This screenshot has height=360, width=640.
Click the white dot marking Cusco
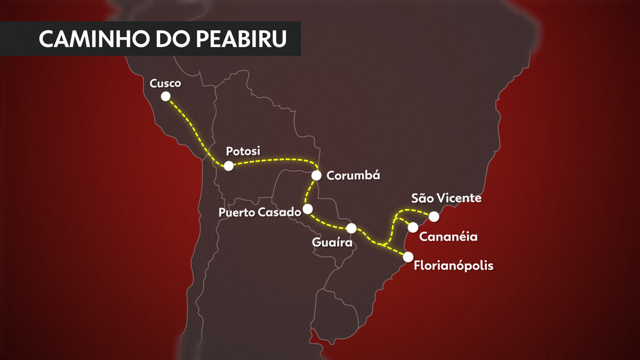coord(166,96)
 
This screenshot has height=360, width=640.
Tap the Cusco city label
coord(165,83)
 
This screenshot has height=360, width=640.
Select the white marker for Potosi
coord(229,166)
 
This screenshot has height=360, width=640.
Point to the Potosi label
coord(243,151)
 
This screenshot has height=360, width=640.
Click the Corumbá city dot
coord(316,175)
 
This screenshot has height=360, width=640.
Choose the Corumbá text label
coord(353,175)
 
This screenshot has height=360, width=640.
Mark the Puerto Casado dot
coord(307,209)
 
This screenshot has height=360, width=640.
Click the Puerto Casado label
coord(260,212)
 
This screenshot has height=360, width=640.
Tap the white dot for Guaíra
coord(351,228)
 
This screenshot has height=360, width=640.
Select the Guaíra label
coord(333,243)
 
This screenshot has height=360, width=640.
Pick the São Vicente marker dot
coord(434,216)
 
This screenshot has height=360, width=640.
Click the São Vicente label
coord(446,198)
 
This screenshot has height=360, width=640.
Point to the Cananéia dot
coord(413,227)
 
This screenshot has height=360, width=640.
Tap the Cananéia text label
coord(448,236)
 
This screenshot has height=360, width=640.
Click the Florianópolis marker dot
coord(408,257)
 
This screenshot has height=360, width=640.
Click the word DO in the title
coord(167,39)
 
